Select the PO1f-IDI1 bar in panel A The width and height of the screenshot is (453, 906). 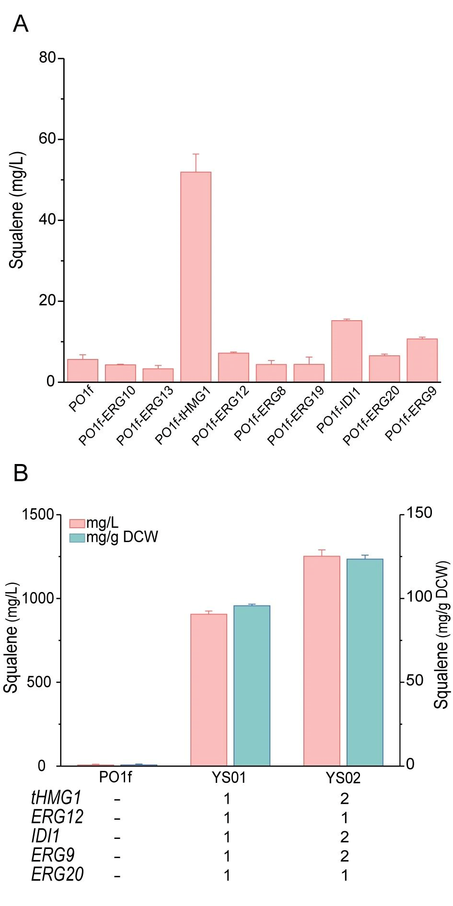(347, 351)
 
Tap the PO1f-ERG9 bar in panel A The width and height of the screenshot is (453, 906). (422, 360)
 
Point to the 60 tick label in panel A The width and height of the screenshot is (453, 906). (47, 139)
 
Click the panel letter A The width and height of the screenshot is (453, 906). (21, 23)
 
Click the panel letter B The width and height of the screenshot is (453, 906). (21, 473)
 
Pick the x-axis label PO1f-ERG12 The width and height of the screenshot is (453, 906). (221, 415)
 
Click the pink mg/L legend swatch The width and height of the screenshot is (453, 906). (77, 523)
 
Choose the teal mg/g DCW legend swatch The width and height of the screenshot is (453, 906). (77, 537)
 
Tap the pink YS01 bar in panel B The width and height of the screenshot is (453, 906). (209, 690)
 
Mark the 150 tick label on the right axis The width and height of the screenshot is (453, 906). (419, 513)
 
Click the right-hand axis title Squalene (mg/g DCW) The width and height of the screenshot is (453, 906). (441, 635)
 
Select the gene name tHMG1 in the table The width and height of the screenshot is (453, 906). (56, 798)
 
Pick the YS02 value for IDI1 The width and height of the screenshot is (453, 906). (344, 837)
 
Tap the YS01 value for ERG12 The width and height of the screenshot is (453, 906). (227, 818)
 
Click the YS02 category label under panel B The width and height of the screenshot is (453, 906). (343, 778)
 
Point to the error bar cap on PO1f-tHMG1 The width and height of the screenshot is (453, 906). (196, 154)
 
